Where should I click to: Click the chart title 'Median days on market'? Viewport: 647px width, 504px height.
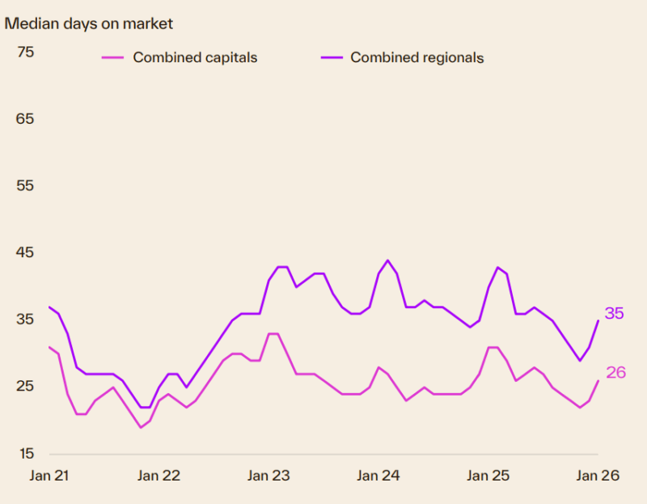pos(89,23)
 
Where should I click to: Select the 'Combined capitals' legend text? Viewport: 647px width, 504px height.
pos(195,57)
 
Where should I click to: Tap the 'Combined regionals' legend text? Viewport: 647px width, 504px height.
pos(417,57)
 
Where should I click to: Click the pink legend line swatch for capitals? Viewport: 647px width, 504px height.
pos(112,57)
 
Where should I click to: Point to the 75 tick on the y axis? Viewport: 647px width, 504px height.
pos(25,53)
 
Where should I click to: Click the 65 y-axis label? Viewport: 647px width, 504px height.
pos(25,119)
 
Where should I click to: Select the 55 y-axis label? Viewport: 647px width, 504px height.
pos(25,185)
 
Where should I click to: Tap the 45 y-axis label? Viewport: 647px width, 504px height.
pos(25,252)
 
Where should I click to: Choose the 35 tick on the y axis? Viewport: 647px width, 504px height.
pos(25,319)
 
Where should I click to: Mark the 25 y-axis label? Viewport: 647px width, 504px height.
pos(25,386)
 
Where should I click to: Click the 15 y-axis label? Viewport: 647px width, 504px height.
pos(25,452)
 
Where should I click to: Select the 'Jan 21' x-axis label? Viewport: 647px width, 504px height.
pos(49,476)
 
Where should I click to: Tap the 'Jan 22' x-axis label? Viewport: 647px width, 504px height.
pos(159,476)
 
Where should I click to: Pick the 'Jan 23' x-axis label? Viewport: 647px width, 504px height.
pos(269,476)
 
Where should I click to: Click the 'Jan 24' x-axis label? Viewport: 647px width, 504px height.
pos(378,476)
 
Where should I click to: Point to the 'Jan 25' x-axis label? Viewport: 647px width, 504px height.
pos(488,476)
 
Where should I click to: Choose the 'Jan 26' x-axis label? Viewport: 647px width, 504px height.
pos(598,476)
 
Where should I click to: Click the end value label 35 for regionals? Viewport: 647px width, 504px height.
pos(615,313)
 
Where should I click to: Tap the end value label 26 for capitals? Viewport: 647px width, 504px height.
pos(616,372)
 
